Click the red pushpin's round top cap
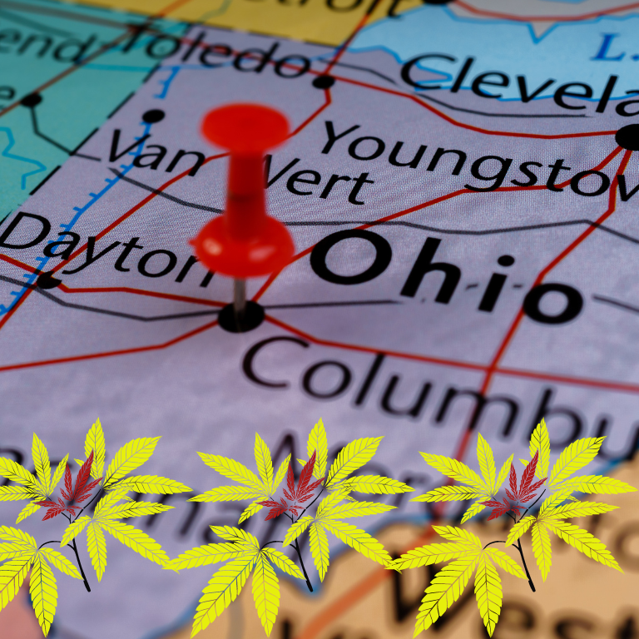[x=245, y=126]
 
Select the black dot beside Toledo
[x=323, y=82]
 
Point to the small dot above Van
[x=153, y=116]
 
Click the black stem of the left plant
[x=81, y=566]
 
